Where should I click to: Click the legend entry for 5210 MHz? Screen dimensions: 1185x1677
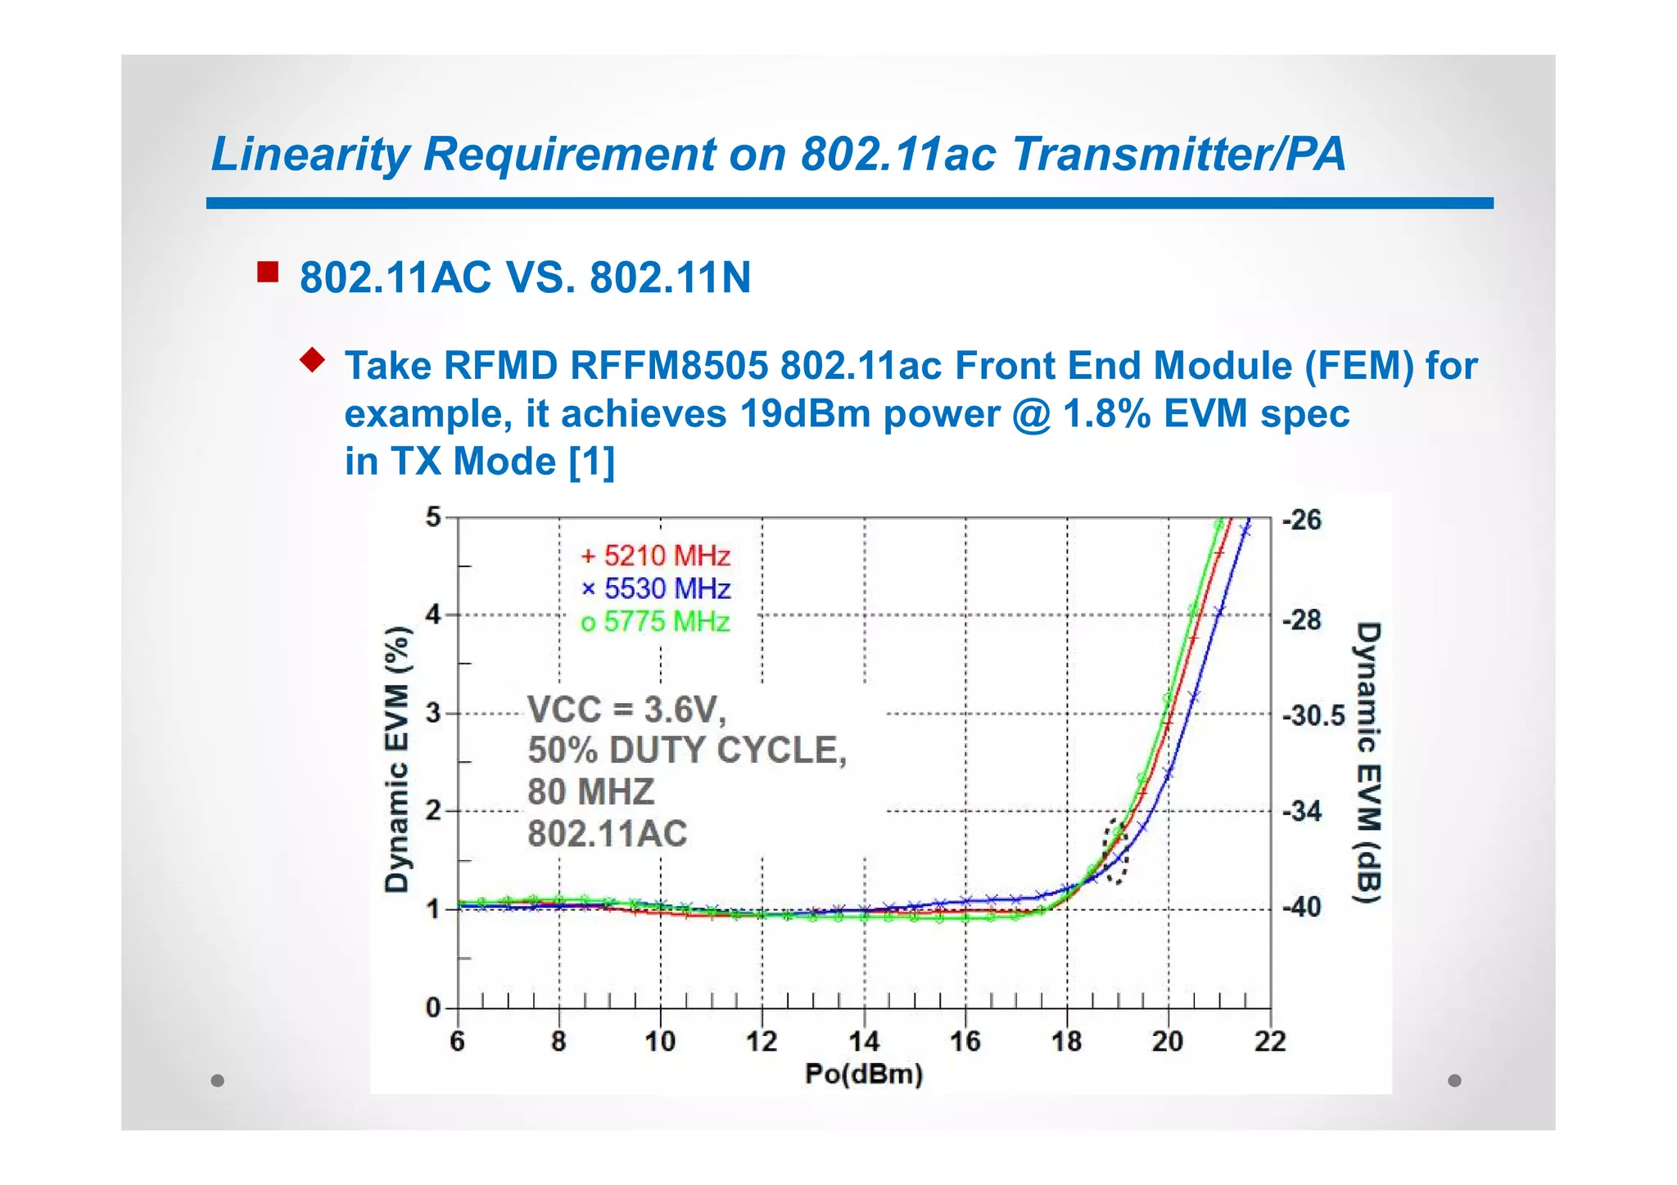pyautogui.click(x=655, y=556)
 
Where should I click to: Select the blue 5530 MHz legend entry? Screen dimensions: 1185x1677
pyautogui.click(x=655, y=589)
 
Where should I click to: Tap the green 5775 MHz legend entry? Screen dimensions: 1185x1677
pyautogui.click(x=655, y=622)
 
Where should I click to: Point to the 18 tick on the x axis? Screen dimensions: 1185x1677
pyautogui.click(x=1066, y=1042)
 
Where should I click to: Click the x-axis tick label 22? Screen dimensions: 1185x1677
pyautogui.click(x=1270, y=1042)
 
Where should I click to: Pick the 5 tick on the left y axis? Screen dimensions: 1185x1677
pyautogui.click(x=433, y=517)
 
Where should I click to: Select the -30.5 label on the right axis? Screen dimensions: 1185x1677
pyautogui.click(x=1313, y=716)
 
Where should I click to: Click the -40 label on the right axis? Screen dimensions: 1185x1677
pyautogui.click(x=1302, y=907)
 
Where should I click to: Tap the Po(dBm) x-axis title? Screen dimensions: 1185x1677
pyautogui.click(x=864, y=1074)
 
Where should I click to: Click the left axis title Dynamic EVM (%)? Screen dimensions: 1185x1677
pyautogui.click(x=397, y=759)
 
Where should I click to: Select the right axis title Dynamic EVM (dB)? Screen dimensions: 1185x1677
pyautogui.click(x=1367, y=763)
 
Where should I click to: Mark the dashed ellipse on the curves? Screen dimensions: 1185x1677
pyautogui.click(x=1115, y=851)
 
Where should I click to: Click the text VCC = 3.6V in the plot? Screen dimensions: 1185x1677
pyautogui.click(x=626, y=710)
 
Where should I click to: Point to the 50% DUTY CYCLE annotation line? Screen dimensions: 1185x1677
pyautogui.click(x=686, y=750)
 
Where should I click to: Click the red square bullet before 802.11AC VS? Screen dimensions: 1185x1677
pyautogui.click(x=268, y=272)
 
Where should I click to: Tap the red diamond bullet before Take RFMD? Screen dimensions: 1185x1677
pyautogui.click(x=312, y=359)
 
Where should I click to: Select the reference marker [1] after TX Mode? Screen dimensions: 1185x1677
pyautogui.click(x=591, y=462)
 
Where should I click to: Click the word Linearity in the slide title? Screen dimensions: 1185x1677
pyautogui.click(x=310, y=154)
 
